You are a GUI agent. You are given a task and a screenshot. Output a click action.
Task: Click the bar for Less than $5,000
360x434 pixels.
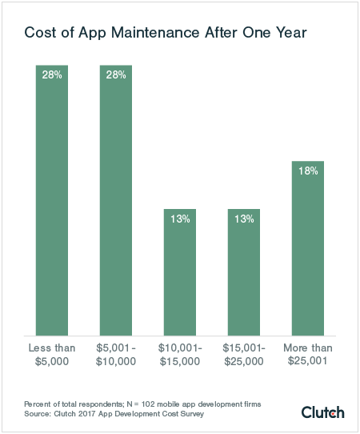(x=52, y=200)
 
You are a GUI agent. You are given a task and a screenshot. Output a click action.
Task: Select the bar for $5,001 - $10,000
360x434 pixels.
(x=116, y=200)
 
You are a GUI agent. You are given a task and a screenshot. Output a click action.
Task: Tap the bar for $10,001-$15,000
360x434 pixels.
(x=180, y=272)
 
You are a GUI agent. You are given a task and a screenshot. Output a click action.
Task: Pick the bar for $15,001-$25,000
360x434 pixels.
(x=243, y=272)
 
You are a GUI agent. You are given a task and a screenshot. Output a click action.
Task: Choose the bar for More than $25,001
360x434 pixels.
(x=307, y=248)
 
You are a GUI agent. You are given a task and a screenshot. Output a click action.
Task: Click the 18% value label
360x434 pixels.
(x=308, y=171)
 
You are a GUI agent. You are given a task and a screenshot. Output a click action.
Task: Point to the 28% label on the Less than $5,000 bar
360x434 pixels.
(x=52, y=74)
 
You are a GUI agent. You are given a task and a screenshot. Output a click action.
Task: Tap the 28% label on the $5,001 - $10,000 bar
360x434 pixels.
(x=116, y=74)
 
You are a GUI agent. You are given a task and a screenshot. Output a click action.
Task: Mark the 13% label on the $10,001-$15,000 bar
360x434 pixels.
(x=180, y=219)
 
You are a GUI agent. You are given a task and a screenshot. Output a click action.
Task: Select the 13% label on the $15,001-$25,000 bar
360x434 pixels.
(x=243, y=219)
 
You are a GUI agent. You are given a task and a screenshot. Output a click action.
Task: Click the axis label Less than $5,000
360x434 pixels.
(x=52, y=355)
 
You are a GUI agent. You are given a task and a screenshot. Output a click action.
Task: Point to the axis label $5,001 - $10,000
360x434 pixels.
(x=116, y=355)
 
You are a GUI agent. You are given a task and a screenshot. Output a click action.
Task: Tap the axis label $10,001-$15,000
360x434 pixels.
(x=180, y=355)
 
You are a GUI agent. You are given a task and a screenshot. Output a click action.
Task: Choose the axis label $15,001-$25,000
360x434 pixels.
(x=243, y=355)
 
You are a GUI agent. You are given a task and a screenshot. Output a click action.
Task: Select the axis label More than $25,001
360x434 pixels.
(x=307, y=355)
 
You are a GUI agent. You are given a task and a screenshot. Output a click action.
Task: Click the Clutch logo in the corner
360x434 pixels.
(x=322, y=412)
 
